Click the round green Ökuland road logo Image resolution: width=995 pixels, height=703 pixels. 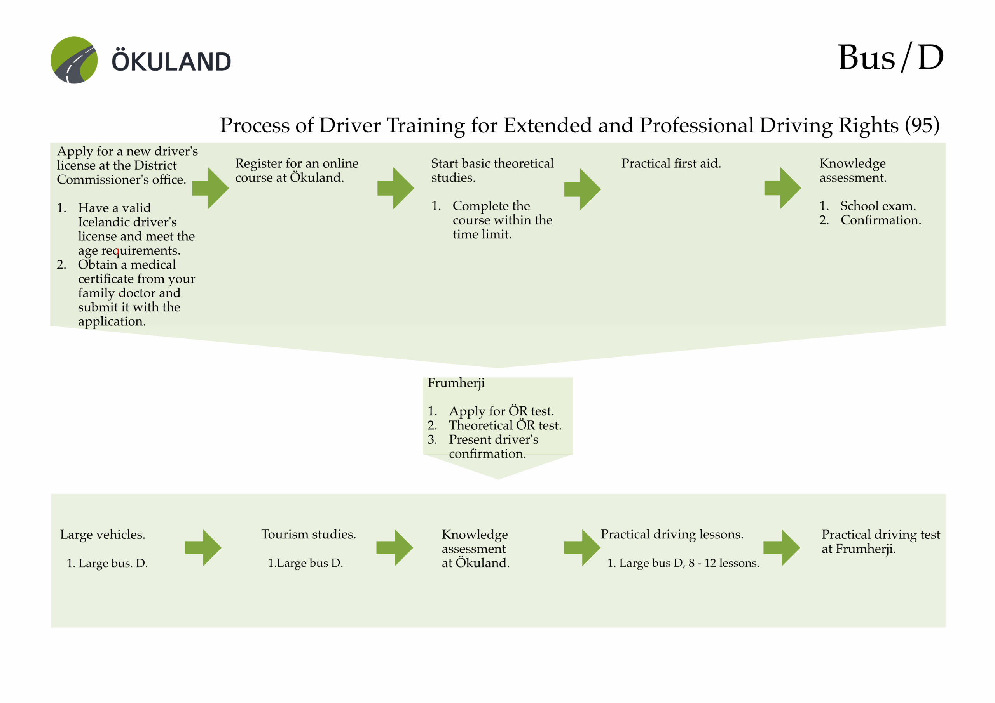(74, 60)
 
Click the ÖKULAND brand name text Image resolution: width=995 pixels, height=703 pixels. (171, 61)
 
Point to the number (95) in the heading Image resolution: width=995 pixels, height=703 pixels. (922, 125)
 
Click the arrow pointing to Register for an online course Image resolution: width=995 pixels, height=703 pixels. (211, 188)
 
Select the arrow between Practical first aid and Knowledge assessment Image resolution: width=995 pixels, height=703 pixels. (782, 188)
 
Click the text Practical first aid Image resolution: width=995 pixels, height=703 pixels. (671, 164)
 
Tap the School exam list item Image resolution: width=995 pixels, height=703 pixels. (878, 206)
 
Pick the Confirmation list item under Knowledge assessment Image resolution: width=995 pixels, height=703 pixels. (880, 220)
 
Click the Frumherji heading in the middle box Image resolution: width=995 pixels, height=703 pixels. (456, 383)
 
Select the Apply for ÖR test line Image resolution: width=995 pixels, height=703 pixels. (501, 411)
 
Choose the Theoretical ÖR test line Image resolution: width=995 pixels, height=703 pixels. (505, 425)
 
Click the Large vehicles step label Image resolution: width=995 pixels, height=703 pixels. (103, 535)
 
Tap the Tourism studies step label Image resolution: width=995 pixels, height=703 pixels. (309, 535)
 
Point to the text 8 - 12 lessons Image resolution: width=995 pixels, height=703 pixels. (723, 563)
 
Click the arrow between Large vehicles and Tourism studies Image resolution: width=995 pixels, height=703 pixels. (203, 548)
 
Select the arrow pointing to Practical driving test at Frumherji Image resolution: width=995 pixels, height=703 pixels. (781, 548)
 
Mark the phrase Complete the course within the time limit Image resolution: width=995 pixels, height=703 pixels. (502, 220)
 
